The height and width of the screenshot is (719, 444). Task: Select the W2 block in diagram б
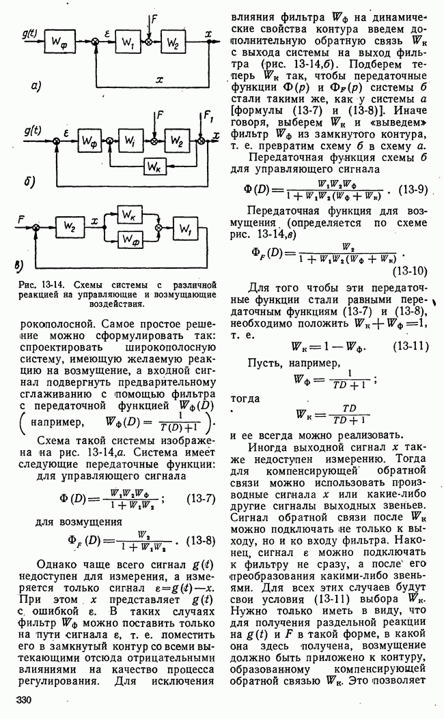[x=177, y=141]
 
